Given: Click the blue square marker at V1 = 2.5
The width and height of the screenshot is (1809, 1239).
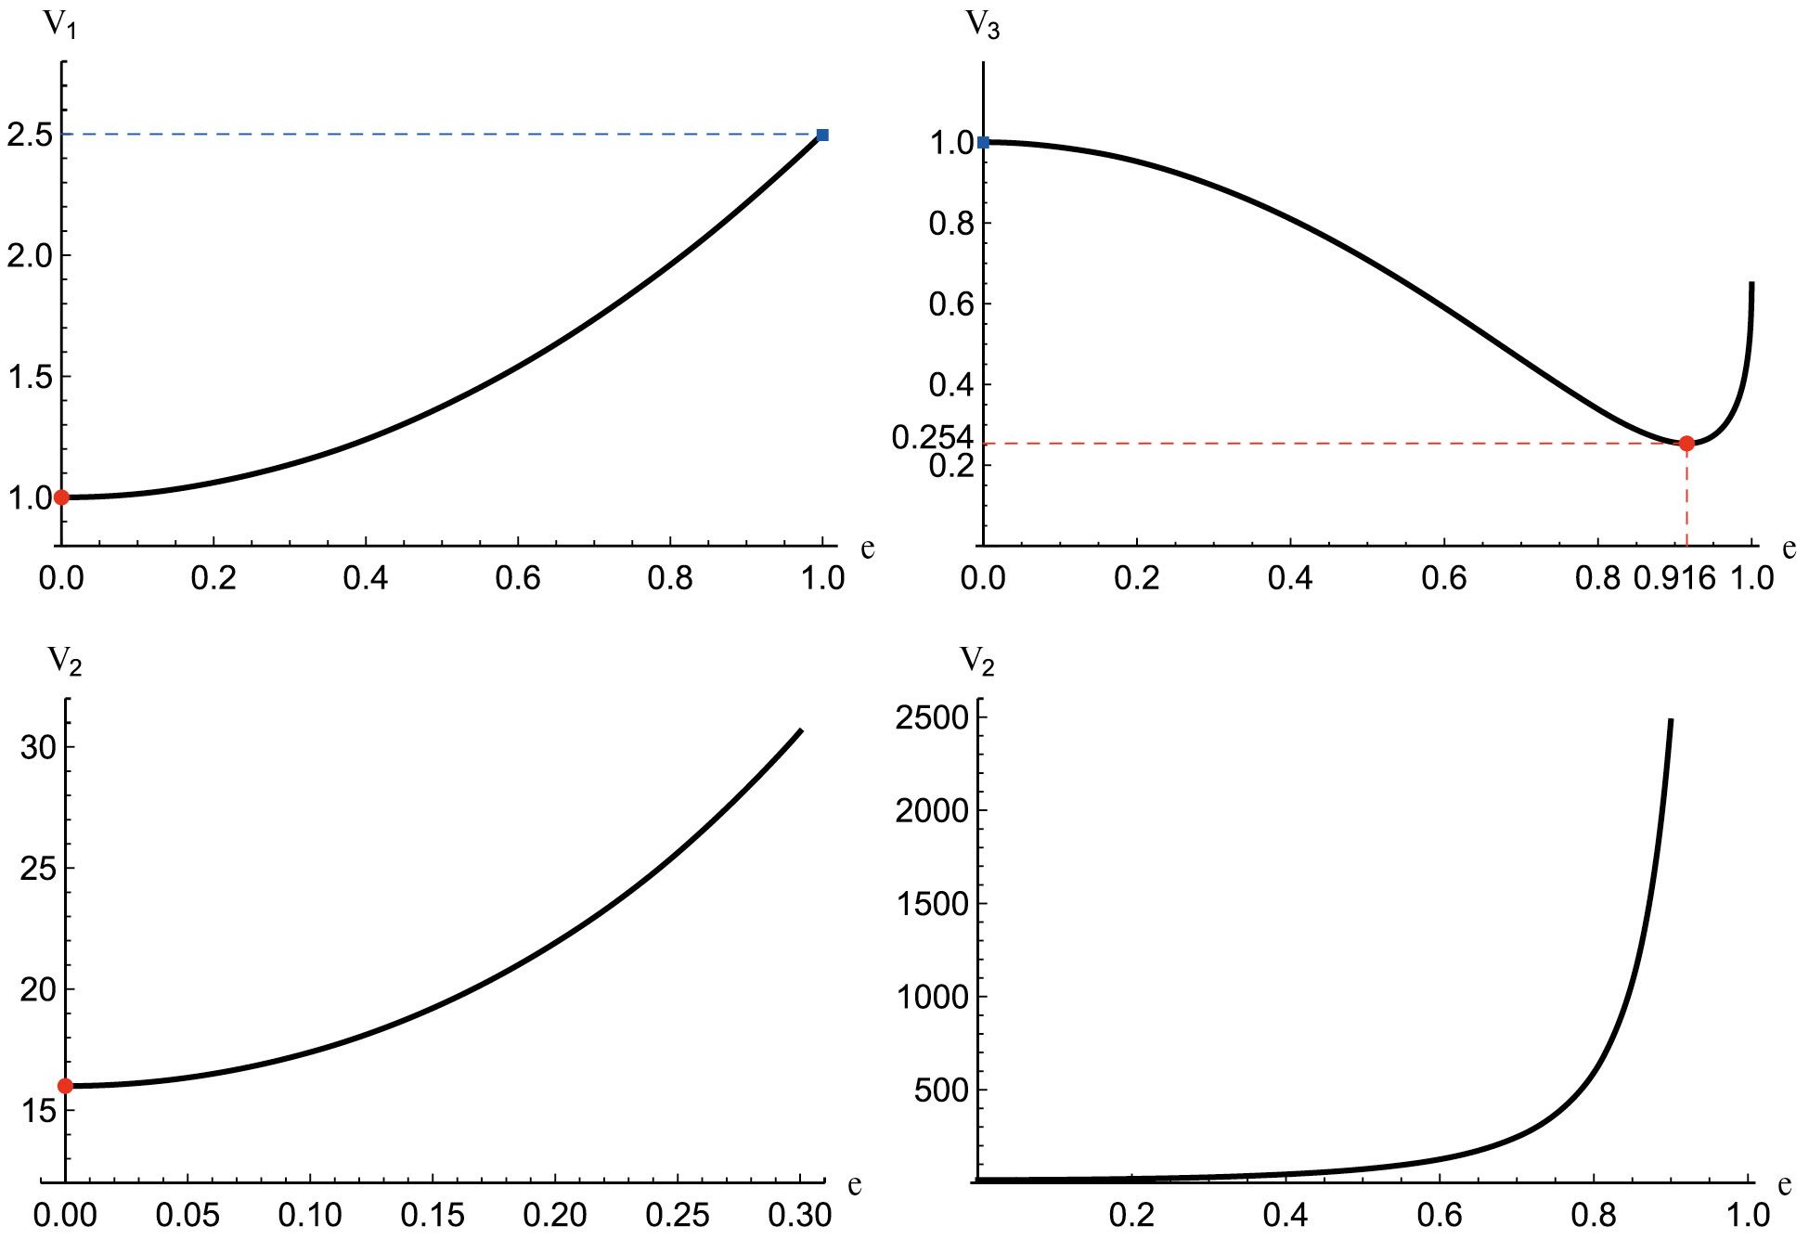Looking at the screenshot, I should pyautogui.click(x=822, y=136).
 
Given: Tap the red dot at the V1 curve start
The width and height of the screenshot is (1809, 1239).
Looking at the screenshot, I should pyautogui.click(x=61, y=497).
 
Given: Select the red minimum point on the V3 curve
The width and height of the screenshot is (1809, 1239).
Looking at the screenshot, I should pyautogui.click(x=1686, y=444).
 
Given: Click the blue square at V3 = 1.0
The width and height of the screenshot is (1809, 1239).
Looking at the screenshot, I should pyautogui.click(x=984, y=142).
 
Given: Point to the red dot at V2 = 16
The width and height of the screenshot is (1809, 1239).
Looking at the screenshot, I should pyautogui.click(x=65, y=1086).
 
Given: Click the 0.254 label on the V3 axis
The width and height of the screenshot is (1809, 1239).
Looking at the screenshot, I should pyautogui.click(x=932, y=437).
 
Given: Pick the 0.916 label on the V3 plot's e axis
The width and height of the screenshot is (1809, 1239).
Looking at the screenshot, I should pyautogui.click(x=1674, y=578).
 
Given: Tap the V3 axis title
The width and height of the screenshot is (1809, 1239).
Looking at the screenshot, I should pyautogui.click(x=983, y=25).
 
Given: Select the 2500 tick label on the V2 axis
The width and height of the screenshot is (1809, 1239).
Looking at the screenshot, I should pyautogui.click(x=932, y=717).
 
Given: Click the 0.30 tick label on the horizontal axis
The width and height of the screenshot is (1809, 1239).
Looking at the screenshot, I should pyautogui.click(x=800, y=1215).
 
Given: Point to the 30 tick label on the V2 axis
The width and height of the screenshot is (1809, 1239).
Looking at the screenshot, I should pyautogui.click(x=39, y=747).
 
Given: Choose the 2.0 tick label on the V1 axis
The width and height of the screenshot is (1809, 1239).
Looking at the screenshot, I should pyautogui.click(x=30, y=256).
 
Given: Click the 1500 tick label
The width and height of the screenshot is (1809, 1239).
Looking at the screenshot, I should pyautogui.click(x=932, y=904).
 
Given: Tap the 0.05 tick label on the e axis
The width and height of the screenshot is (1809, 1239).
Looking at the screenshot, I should pyautogui.click(x=187, y=1215).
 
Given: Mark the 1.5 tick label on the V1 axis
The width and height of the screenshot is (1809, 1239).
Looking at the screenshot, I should pyautogui.click(x=30, y=377).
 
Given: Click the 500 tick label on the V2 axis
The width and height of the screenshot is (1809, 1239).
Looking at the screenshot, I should pyautogui.click(x=941, y=1091).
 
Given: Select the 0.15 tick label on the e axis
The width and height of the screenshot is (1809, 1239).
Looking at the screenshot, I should pyautogui.click(x=433, y=1215).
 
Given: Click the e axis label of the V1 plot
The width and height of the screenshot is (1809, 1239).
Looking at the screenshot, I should pyautogui.click(x=867, y=549).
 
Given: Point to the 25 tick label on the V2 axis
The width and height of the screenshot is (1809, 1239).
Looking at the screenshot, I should pyautogui.click(x=39, y=869).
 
